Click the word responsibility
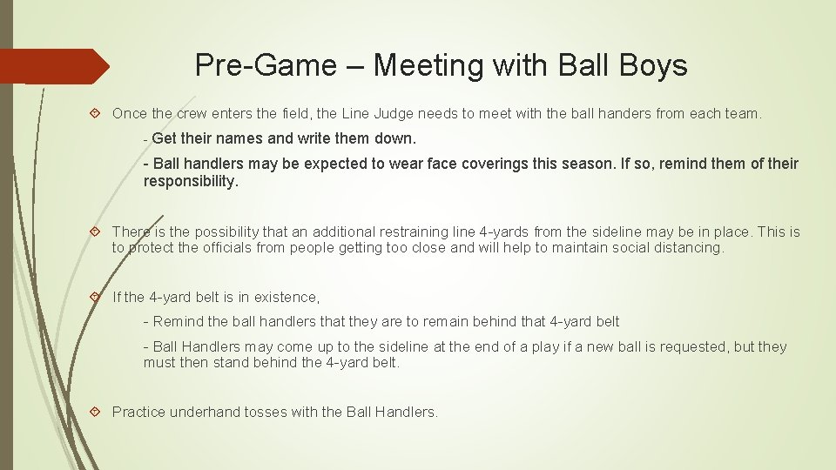tap(190, 181)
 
